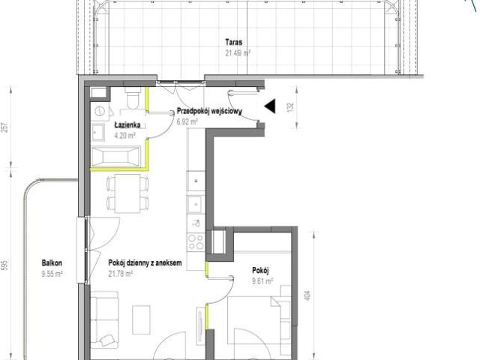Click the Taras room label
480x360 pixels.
(233, 42)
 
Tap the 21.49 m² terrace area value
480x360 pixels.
(238, 53)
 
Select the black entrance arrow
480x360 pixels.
(270, 106)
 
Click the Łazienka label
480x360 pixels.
(127, 125)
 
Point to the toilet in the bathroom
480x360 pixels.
(133, 97)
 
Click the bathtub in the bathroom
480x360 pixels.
(116, 156)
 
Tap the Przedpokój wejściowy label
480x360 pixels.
(210, 111)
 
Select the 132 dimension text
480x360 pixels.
(290, 106)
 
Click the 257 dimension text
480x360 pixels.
(4, 127)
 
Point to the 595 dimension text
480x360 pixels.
(4, 265)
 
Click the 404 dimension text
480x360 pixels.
(307, 295)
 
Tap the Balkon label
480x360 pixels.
(52, 263)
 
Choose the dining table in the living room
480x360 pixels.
(127, 193)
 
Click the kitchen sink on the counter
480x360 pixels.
(196, 203)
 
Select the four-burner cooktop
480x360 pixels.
(196, 241)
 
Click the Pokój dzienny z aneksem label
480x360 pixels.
(145, 263)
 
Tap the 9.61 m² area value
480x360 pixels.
(262, 281)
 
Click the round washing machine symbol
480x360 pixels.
(100, 111)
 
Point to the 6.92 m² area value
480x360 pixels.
(187, 121)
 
